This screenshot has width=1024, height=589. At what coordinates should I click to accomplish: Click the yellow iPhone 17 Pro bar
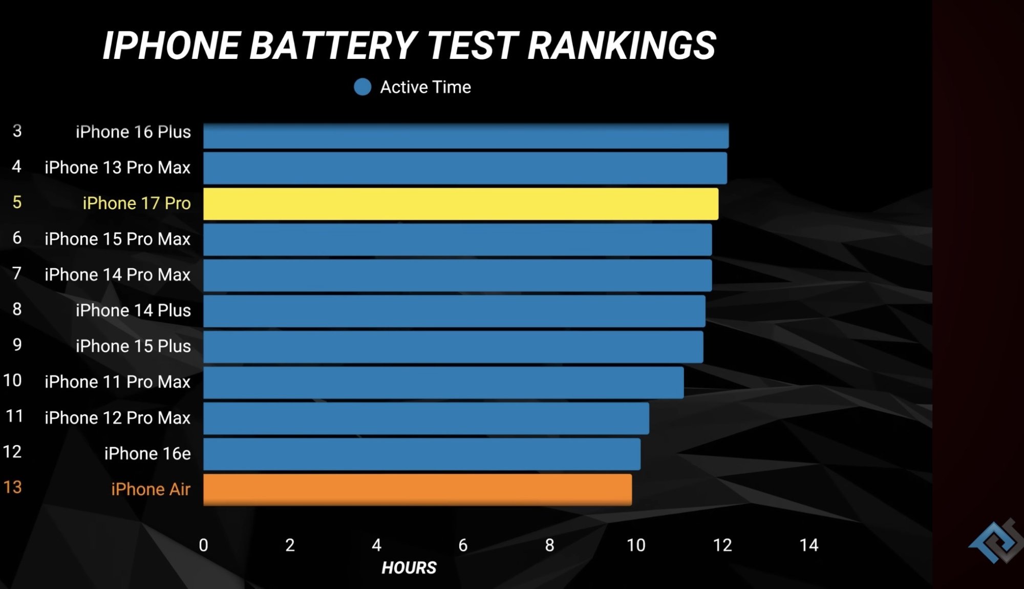[x=460, y=204]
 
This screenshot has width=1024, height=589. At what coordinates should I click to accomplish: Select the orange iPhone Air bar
[x=417, y=490]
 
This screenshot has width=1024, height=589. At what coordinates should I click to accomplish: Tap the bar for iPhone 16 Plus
[x=465, y=136]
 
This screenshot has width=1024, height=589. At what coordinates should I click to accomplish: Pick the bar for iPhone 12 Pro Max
[x=426, y=418]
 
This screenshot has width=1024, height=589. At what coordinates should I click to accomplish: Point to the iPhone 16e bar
[x=421, y=454]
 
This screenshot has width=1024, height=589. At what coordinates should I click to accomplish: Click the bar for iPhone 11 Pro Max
[x=443, y=383]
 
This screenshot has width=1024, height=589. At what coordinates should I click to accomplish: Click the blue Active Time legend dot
[x=362, y=87]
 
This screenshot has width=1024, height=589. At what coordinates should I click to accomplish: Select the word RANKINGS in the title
[x=622, y=46]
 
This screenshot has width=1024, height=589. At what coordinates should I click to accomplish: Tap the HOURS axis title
[x=409, y=567]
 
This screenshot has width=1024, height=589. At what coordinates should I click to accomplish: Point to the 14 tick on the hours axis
[x=808, y=545]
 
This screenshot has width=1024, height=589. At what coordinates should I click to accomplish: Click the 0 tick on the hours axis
[x=203, y=545]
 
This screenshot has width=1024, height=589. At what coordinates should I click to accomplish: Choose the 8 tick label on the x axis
[x=549, y=545]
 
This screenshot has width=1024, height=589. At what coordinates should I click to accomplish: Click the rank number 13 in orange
[x=13, y=487]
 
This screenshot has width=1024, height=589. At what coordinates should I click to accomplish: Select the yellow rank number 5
[x=17, y=202]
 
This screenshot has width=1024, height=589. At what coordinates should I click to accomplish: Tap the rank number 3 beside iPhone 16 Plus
[x=17, y=131]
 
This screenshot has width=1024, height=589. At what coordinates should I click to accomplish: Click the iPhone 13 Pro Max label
[x=117, y=167]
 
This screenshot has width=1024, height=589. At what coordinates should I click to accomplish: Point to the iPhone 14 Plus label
[x=133, y=310]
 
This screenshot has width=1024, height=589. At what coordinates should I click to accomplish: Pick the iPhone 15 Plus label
[x=133, y=346]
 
